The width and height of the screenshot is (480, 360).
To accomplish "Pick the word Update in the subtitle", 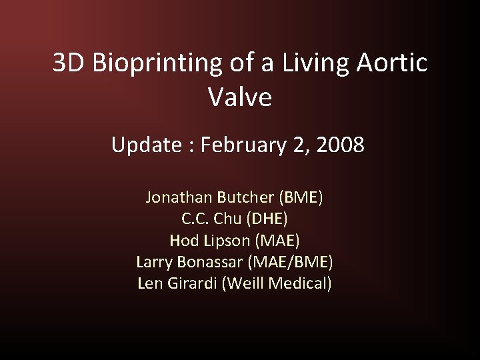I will [x=145, y=144].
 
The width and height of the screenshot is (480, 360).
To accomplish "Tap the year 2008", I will [x=339, y=144].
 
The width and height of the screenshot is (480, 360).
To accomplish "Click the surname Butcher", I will [x=247, y=197].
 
